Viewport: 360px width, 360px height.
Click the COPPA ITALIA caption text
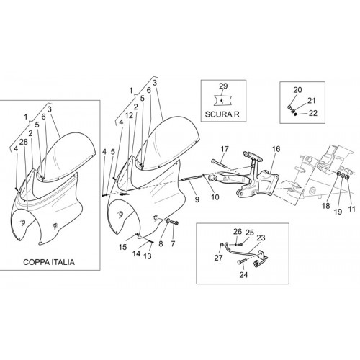tap(49, 262)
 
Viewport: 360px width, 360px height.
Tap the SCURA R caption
tap(222, 114)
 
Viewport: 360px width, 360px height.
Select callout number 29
tap(223, 86)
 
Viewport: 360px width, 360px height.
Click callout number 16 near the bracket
tap(276, 149)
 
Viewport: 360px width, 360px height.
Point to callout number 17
tap(225, 149)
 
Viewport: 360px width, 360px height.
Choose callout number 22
tap(313, 113)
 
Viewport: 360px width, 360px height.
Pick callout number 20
tap(297, 90)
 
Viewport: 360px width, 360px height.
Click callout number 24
tap(243, 275)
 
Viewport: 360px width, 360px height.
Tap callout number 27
tap(219, 258)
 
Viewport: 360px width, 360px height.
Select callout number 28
tap(24, 142)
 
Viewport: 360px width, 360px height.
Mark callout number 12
tap(129, 115)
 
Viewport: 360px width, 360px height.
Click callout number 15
tap(122, 247)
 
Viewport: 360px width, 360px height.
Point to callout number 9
tap(197, 199)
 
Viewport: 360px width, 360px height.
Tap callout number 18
tap(326, 206)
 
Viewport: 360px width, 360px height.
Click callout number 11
tap(351, 209)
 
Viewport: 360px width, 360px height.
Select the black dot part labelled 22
tap(296, 114)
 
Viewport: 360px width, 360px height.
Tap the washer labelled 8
tap(168, 220)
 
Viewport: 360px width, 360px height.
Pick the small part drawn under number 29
tap(223, 100)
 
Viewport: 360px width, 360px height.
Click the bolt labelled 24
tap(240, 262)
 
